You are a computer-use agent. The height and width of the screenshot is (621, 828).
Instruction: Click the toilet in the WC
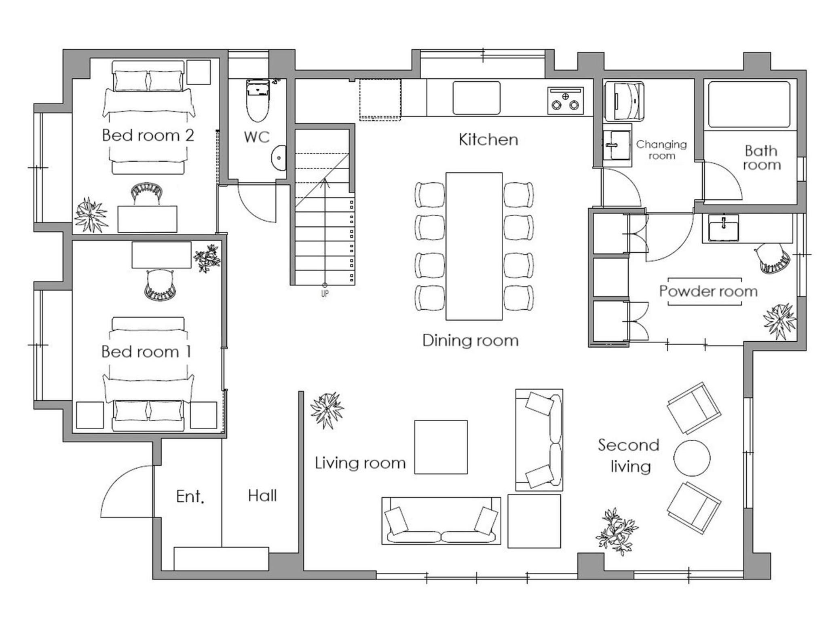pos(258,101)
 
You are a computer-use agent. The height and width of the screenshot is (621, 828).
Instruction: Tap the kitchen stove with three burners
pos(566,100)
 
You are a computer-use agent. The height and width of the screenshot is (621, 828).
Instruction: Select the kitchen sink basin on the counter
pos(476,98)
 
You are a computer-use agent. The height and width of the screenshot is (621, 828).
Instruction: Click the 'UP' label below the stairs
pos(325,294)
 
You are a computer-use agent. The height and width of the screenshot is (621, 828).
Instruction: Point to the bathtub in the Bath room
pos(749,104)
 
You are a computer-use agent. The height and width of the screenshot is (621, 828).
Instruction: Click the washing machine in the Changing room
pos(624,101)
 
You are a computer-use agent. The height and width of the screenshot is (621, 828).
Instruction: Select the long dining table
pos(474,246)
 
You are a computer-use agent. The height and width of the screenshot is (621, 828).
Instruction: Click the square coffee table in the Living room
pos(441,447)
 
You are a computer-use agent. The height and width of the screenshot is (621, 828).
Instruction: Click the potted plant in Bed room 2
pos(91,215)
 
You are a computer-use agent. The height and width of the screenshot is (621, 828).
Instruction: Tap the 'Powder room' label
pos(708,291)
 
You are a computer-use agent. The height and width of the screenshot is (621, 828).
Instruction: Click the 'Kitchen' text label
pos(488,140)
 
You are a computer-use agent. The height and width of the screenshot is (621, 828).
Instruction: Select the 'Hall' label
pos(262,496)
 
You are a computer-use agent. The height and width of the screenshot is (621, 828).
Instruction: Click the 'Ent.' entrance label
pos(190,496)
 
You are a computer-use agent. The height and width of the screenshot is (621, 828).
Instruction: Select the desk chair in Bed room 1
pos(160,285)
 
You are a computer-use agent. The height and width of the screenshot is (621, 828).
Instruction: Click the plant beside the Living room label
pos(327,411)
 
